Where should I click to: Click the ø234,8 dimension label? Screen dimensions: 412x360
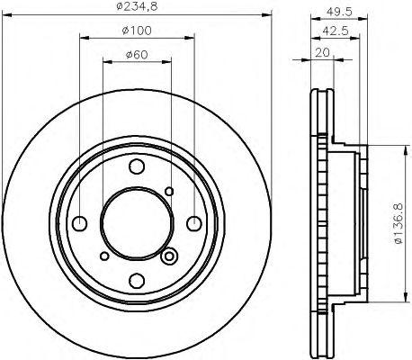(137, 5)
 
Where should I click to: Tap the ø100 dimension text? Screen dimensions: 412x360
(137, 31)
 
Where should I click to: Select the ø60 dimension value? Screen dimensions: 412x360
(137, 55)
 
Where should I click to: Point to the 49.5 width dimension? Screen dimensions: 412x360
(339, 12)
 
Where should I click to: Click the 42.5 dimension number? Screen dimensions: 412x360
(336, 31)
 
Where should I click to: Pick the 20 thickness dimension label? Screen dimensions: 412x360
(322, 53)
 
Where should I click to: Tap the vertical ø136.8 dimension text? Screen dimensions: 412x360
(399, 224)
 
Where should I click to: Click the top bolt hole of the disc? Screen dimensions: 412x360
(137, 166)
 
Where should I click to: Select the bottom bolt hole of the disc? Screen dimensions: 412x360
(137, 281)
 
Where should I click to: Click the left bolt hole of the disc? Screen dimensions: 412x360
(80, 224)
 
